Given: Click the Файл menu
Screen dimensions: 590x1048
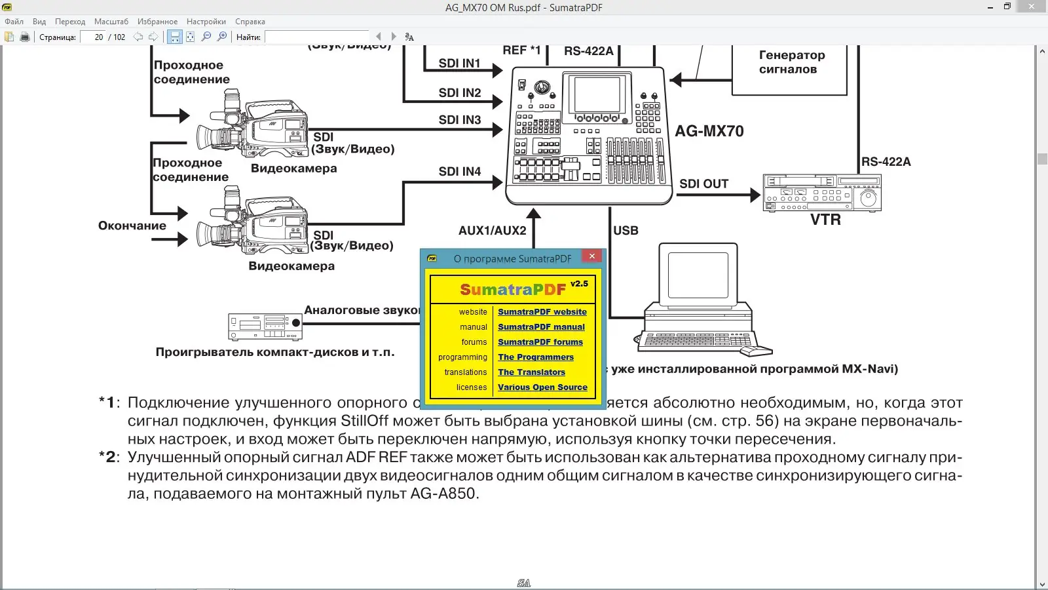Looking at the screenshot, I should [14, 22].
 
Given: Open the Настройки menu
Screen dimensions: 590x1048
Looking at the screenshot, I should [206, 22].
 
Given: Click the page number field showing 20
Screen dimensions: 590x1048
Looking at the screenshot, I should [94, 37].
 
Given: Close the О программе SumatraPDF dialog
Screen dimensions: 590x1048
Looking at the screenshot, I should [592, 256].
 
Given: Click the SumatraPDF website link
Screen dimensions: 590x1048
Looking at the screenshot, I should [542, 312].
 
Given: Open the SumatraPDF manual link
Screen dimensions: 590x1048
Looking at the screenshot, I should [541, 327].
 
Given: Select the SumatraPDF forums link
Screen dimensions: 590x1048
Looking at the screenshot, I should [540, 342].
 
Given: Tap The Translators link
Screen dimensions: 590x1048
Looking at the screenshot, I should [531, 372].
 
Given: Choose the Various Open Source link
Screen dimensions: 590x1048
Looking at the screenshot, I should [542, 387].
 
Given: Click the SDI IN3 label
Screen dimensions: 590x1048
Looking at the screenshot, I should [460, 120].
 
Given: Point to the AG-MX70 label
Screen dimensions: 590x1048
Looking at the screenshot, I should [709, 131].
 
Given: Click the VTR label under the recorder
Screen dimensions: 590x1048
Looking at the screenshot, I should [825, 220].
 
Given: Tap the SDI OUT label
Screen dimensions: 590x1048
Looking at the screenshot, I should [703, 184].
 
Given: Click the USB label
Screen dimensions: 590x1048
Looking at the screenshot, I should [626, 231].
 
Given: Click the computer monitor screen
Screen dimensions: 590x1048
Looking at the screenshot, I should [698, 275].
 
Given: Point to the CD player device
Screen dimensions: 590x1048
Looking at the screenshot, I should [265, 326].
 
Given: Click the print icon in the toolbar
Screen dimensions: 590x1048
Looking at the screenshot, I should [25, 37].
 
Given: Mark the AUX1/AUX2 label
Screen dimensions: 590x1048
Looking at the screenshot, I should [492, 231].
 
